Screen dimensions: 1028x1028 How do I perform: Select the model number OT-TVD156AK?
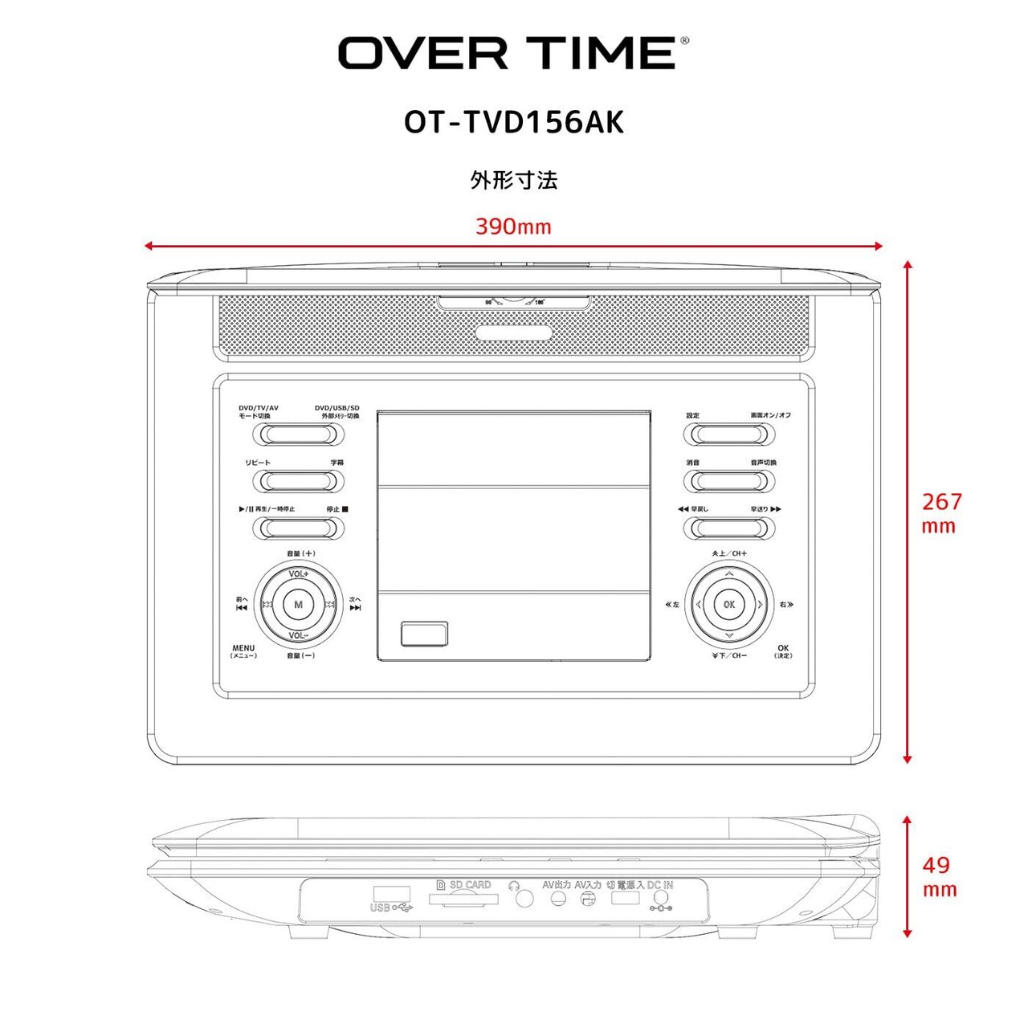point(513,123)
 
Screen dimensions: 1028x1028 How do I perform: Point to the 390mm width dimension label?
point(513,226)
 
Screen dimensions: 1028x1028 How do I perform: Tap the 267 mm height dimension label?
point(940,513)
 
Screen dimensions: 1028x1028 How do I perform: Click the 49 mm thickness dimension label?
point(938,876)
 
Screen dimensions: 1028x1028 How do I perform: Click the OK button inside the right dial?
point(728,605)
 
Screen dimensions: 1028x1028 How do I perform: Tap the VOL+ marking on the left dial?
point(299,573)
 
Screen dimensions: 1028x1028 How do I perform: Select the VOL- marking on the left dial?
point(299,635)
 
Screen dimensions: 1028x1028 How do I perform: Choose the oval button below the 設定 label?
point(728,434)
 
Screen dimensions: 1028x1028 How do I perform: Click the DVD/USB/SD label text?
point(337,409)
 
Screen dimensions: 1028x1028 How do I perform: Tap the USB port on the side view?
point(391,893)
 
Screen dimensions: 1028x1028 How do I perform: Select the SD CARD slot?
point(463,899)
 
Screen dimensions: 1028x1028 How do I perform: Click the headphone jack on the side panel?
point(524,898)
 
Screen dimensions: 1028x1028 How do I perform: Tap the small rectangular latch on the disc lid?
point(424,634)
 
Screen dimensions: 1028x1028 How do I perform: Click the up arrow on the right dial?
point(728,574)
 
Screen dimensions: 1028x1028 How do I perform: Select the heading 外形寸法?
point(513,180)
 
